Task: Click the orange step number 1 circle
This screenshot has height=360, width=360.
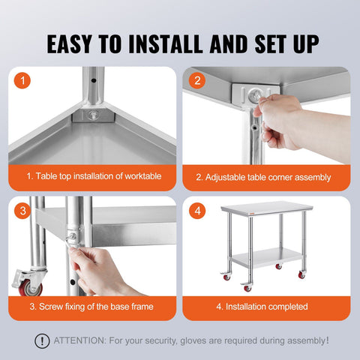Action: point(24,80)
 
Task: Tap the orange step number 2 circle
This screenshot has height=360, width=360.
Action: point(197,80)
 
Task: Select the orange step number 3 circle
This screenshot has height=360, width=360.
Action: point(24,211)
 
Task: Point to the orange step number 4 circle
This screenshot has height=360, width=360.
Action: point(197,211)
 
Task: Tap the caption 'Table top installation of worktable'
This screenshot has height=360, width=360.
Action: point(94,177)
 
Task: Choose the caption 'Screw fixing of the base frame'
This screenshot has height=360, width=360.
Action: point(93,306)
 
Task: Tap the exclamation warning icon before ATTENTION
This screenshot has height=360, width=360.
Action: point(42,340)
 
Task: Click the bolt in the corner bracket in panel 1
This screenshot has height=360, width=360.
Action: point(94,115)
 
